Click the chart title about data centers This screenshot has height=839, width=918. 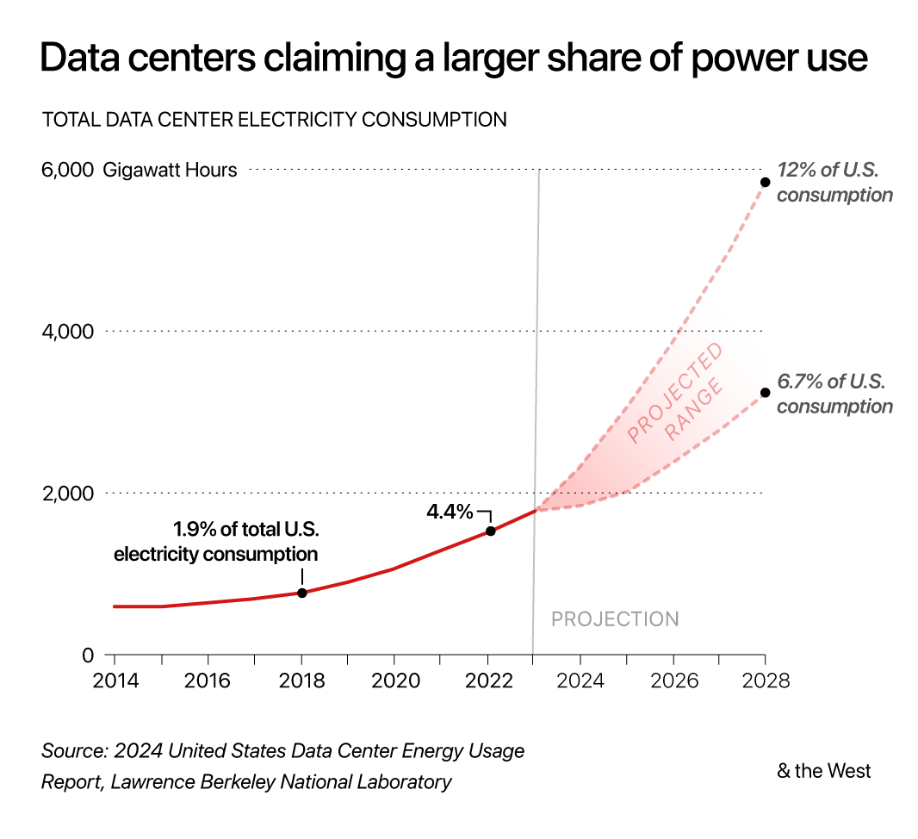point(454,59)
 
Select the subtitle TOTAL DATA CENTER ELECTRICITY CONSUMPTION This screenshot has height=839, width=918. point(274,120)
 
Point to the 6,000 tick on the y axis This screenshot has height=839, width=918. point(67,170)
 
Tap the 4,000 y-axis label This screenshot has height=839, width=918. point(67,332)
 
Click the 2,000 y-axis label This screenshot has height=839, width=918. point(67,494)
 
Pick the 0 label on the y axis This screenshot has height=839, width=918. point(87,656)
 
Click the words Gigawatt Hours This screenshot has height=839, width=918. point(170,170)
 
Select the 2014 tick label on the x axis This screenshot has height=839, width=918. point(115,681)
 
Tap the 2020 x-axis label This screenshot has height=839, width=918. point(394,681)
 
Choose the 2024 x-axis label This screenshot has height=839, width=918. point(580,681)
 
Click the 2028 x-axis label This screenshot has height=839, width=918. point(766,681)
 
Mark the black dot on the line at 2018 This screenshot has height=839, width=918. point(301,593)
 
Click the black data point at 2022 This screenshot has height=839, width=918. point(490,531)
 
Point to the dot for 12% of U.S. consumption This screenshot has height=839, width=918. point(765,182)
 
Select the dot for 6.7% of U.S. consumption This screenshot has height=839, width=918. point(765,393)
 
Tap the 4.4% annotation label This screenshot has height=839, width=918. point(450,512)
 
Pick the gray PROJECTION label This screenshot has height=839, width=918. point(615,619)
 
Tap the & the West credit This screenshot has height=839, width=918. point(823,771)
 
